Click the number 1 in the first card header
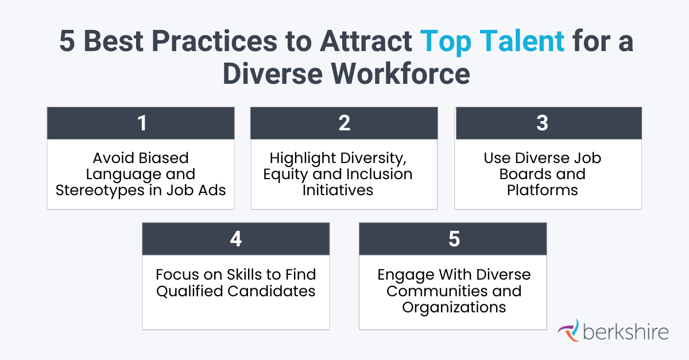coord(141,123)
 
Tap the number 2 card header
coord(344,123)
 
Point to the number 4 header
coord(235,239)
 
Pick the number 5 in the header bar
coord(454,239)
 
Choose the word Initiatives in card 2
coord(338,190)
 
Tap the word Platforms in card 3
coord(542,190)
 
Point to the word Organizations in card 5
coord(454,308)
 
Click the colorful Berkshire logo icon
coord(568,331)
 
